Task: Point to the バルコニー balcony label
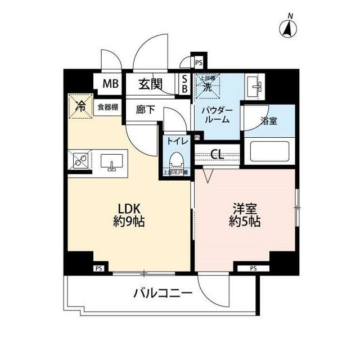(163, 293)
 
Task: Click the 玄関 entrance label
(151, 85)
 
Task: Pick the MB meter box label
(110, 85)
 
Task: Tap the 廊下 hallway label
(146, 110)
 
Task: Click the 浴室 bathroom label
(268, 120)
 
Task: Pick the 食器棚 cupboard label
(106, 107)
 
